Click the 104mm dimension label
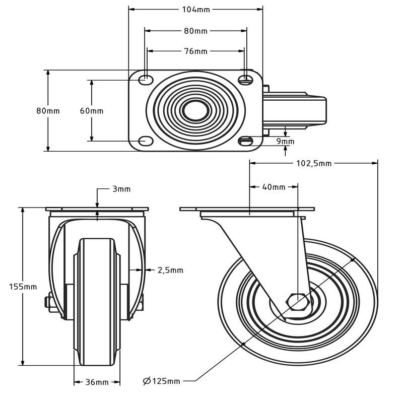[196, 9]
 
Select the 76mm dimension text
[196, 51]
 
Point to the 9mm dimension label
[285, 142]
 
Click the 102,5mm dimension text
[313, 163]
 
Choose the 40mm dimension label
[274, 187]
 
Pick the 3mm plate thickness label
[121, 189]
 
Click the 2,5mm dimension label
[170, 271]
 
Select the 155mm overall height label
[23, 287]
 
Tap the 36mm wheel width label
[97, 382]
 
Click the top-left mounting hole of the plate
[145, 79]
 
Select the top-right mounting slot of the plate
[246, 79]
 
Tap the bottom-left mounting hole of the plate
[145, 141]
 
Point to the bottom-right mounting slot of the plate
[246, 141]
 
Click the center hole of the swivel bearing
[196, 110]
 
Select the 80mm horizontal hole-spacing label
[196, 31]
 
